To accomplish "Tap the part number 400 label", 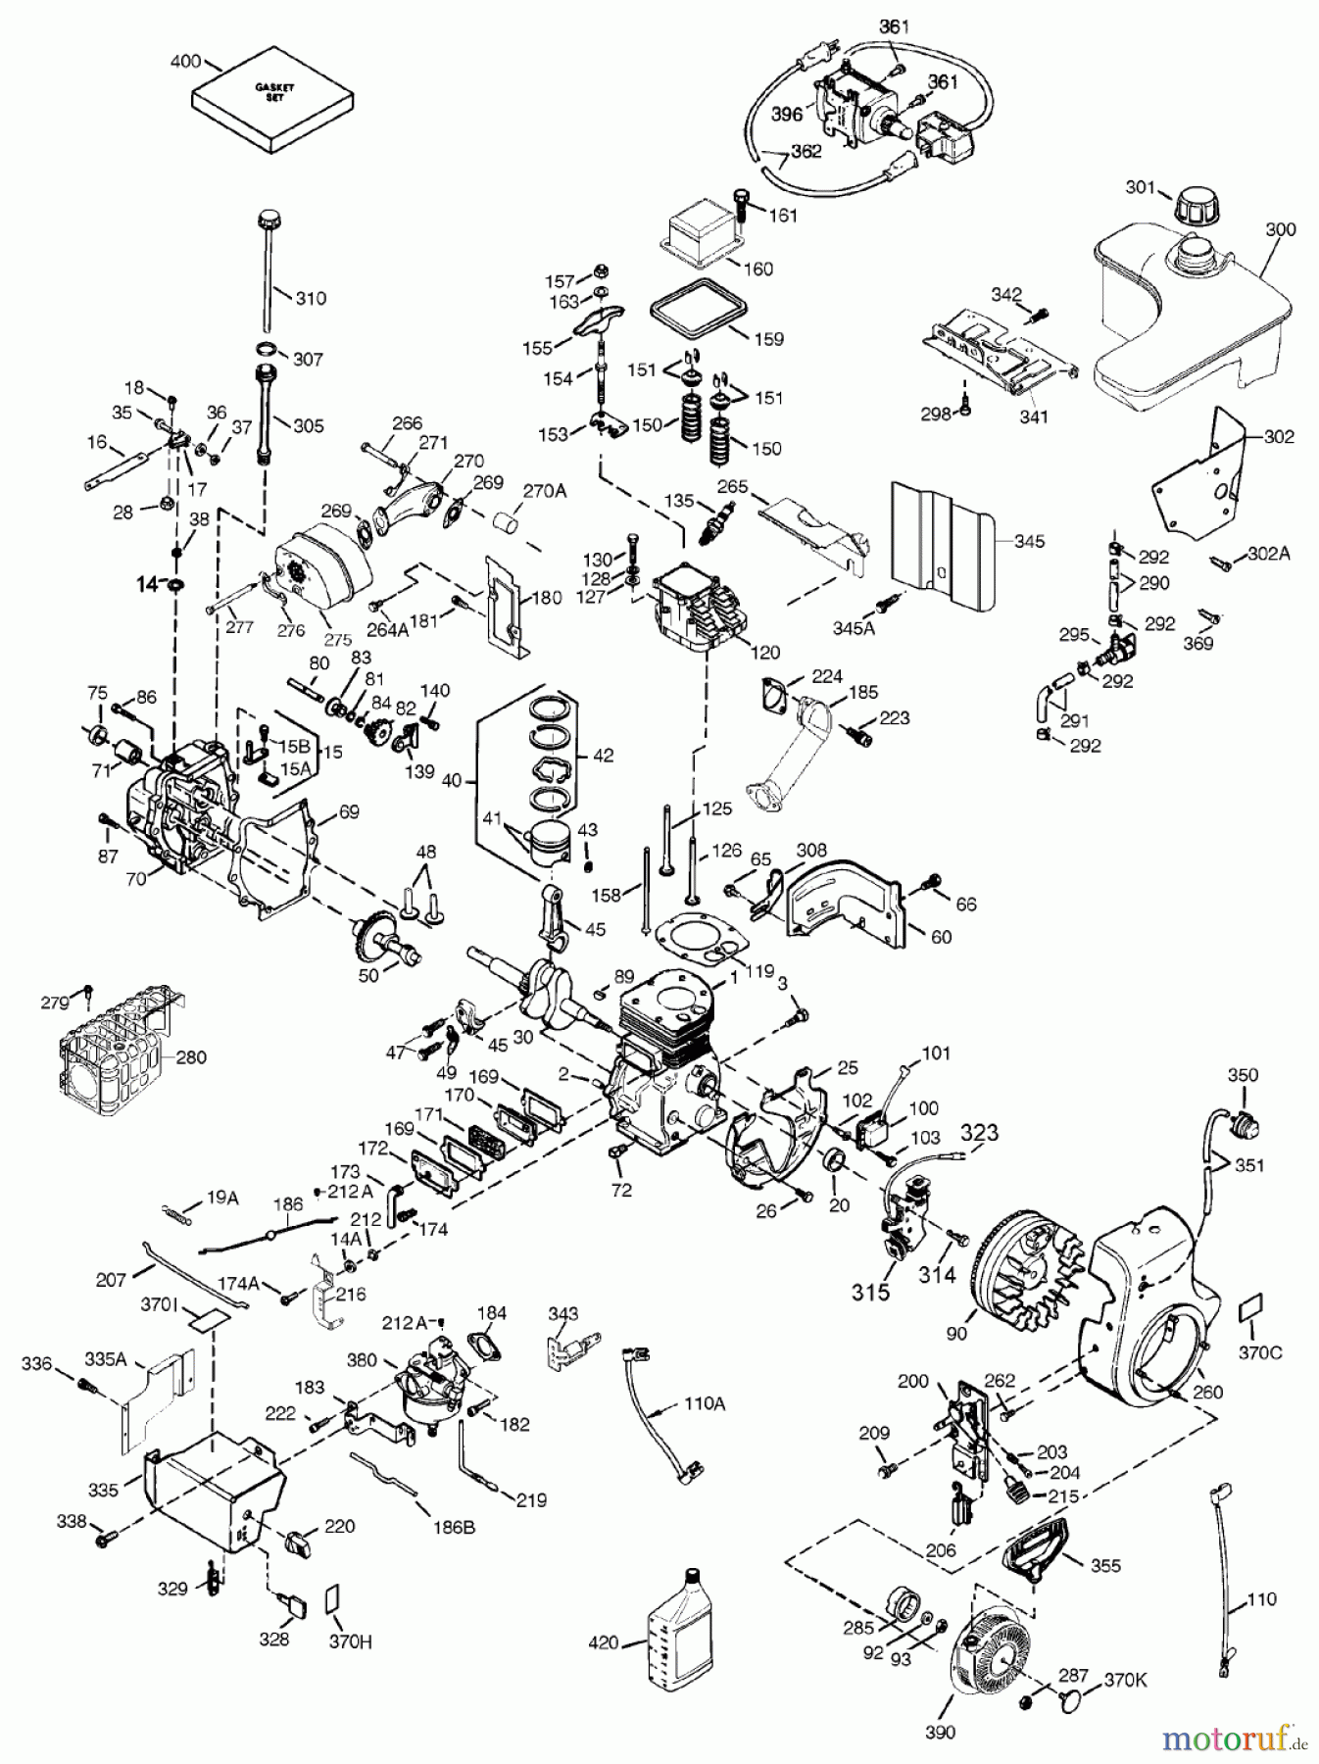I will (x=183, y=62).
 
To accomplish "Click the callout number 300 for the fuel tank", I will (x=1280, y=229).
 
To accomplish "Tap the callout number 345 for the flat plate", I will (x=1029, y=541).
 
